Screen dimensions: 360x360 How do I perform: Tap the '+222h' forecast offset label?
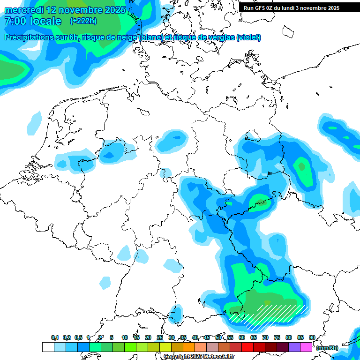(83, 21)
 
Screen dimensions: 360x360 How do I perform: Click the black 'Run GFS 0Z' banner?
(295, 7)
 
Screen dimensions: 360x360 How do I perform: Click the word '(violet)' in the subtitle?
(249, 37)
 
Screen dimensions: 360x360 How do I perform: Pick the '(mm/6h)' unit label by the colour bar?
(327, 348)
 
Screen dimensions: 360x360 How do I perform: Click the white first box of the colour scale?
(48, 347)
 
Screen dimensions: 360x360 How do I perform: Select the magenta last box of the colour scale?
(306, 347)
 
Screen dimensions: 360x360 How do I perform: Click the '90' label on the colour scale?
(312, 337)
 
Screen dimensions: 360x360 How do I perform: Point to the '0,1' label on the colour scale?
(54, 337)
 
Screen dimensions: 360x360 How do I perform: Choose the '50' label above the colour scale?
(218, 337)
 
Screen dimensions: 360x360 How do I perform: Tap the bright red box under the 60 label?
(247, 347)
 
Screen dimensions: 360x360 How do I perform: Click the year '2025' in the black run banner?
(332, 8)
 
